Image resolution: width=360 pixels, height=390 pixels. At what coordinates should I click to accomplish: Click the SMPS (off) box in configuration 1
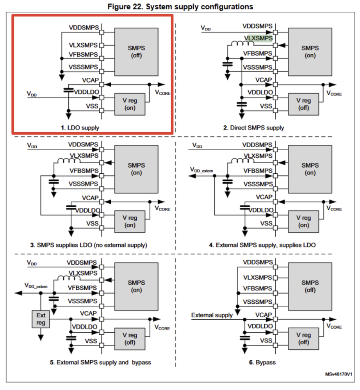[x=136, y=52]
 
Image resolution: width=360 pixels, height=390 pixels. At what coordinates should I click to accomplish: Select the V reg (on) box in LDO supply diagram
[x=129, y=104]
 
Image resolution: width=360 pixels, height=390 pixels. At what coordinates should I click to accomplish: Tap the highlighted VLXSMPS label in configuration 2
[x=258, y=38]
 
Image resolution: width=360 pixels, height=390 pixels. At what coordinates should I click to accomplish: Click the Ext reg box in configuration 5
[x=41, y=319]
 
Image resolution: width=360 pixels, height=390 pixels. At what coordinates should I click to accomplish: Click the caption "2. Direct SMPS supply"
[x=253, y=128]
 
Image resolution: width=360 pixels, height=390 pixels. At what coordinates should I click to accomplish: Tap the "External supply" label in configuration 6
[x=212, y=315]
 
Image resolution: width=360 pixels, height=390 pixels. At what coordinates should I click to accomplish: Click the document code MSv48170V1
[x=340, y=374]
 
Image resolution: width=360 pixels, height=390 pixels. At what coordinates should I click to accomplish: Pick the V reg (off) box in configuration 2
[x=303, y=104]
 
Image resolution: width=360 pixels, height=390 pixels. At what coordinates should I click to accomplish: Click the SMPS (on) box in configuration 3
[x=136, y=169]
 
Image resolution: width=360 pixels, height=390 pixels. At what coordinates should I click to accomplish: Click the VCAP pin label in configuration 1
[x=90, y=80]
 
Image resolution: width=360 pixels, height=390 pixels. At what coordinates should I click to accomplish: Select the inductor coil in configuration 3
[x=69, y=161]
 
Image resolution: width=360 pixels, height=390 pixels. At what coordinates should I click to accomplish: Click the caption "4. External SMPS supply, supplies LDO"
[x=262, y=245]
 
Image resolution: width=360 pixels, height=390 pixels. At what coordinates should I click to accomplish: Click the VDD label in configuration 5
[x=31, y=262]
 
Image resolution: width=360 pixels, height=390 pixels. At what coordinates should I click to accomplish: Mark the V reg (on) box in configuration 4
[x=303, y=221]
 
